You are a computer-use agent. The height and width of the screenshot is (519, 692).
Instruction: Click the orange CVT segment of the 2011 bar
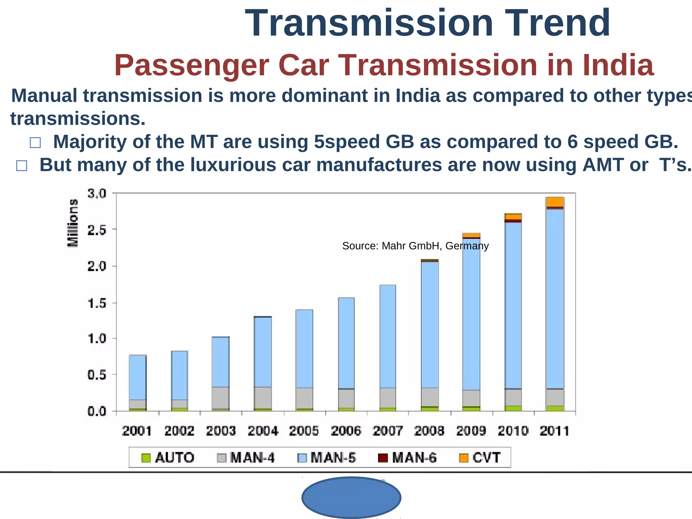click(554, 202)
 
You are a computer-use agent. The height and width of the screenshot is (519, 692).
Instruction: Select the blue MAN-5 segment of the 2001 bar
click(138, 377)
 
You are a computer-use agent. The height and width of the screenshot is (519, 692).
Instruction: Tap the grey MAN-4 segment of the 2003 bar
click(221, 398)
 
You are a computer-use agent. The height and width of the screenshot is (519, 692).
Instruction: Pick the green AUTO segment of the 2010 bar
click(513, 408)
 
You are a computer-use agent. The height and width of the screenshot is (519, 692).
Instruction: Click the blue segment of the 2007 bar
click(388, 336)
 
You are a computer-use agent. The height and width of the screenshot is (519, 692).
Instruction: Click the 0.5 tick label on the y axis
click(97, 375)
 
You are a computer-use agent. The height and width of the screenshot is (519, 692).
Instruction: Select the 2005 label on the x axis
click(304, 431)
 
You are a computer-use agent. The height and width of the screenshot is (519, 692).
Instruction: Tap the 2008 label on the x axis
click(429, 431)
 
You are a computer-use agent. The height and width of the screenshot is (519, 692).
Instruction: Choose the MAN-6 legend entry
click(407, 458)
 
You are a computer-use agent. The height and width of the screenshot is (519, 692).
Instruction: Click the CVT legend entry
click(480, 458)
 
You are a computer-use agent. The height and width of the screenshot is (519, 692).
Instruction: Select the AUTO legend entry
click(168, 458)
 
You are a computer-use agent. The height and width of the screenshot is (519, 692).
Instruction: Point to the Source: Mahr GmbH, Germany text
click(415, 246)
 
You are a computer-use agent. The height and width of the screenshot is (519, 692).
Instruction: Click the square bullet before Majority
click(35, 143)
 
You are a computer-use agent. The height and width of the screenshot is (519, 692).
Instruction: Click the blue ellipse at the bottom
click(351, 497)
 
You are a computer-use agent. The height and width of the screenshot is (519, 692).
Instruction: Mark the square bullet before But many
click(22, 166)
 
